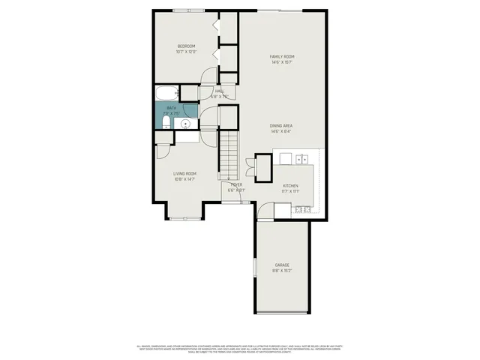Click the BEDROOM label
coord(186,46)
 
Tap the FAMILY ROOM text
coord(282,56)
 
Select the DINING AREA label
coord(282,125)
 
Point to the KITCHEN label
coord(291,185)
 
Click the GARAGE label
coord(282,265)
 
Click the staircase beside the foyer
coord(228,154)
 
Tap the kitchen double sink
coord(303,158)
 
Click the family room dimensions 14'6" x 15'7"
coord(282,62)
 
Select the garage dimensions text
coord(282,271)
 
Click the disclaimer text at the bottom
coord(240,348)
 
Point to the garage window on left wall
coord(254,267)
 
